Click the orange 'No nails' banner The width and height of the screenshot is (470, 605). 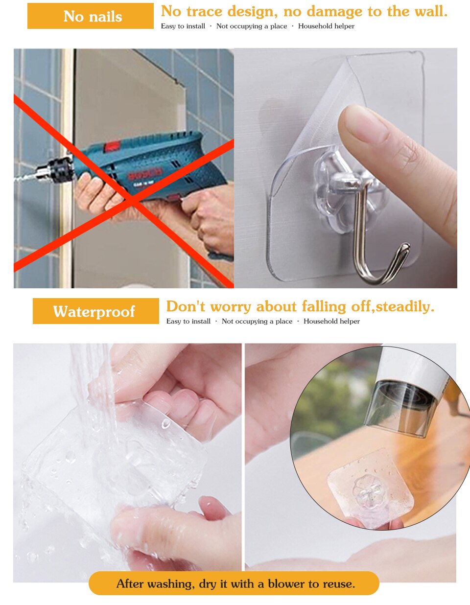[91, 16]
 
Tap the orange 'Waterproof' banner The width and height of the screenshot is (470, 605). [96, 311]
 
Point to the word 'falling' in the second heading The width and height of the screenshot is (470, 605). [324, 306]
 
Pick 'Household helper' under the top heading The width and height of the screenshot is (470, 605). [326, 26]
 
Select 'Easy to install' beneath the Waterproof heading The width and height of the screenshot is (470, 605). [188, 321]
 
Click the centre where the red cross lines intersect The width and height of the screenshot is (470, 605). [129, 199]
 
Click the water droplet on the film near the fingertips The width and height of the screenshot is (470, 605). [166, 423]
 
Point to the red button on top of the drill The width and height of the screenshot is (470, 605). [112, 146]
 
